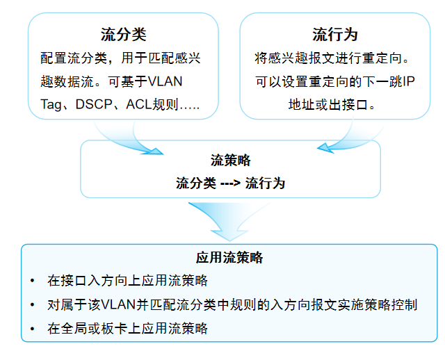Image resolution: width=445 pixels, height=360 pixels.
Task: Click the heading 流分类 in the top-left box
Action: pyautogui.click(x=123, y=35)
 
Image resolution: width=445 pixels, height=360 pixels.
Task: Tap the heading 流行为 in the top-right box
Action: pyautogui.click(x=335, y=35)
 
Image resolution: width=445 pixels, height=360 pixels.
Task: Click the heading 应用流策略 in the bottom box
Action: pyautogui.click(x=229, y=258)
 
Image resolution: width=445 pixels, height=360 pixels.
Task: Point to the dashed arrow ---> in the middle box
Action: pyautogui.click(x=230, y=183)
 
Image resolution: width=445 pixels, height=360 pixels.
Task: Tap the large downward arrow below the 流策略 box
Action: pyautogui.click(x=229, y=220)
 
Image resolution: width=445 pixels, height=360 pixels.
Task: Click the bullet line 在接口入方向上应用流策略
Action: pyautogui.click(x=127, y=281)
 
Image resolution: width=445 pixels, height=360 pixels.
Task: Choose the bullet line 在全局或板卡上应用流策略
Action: pyautogui.click(x=127, y=328)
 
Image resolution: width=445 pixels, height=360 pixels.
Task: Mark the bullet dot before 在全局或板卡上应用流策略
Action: pyautogui.click(x=32, y=329)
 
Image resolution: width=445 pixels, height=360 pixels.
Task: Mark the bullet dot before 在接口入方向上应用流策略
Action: pyautogui.click(x=32, y=281)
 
